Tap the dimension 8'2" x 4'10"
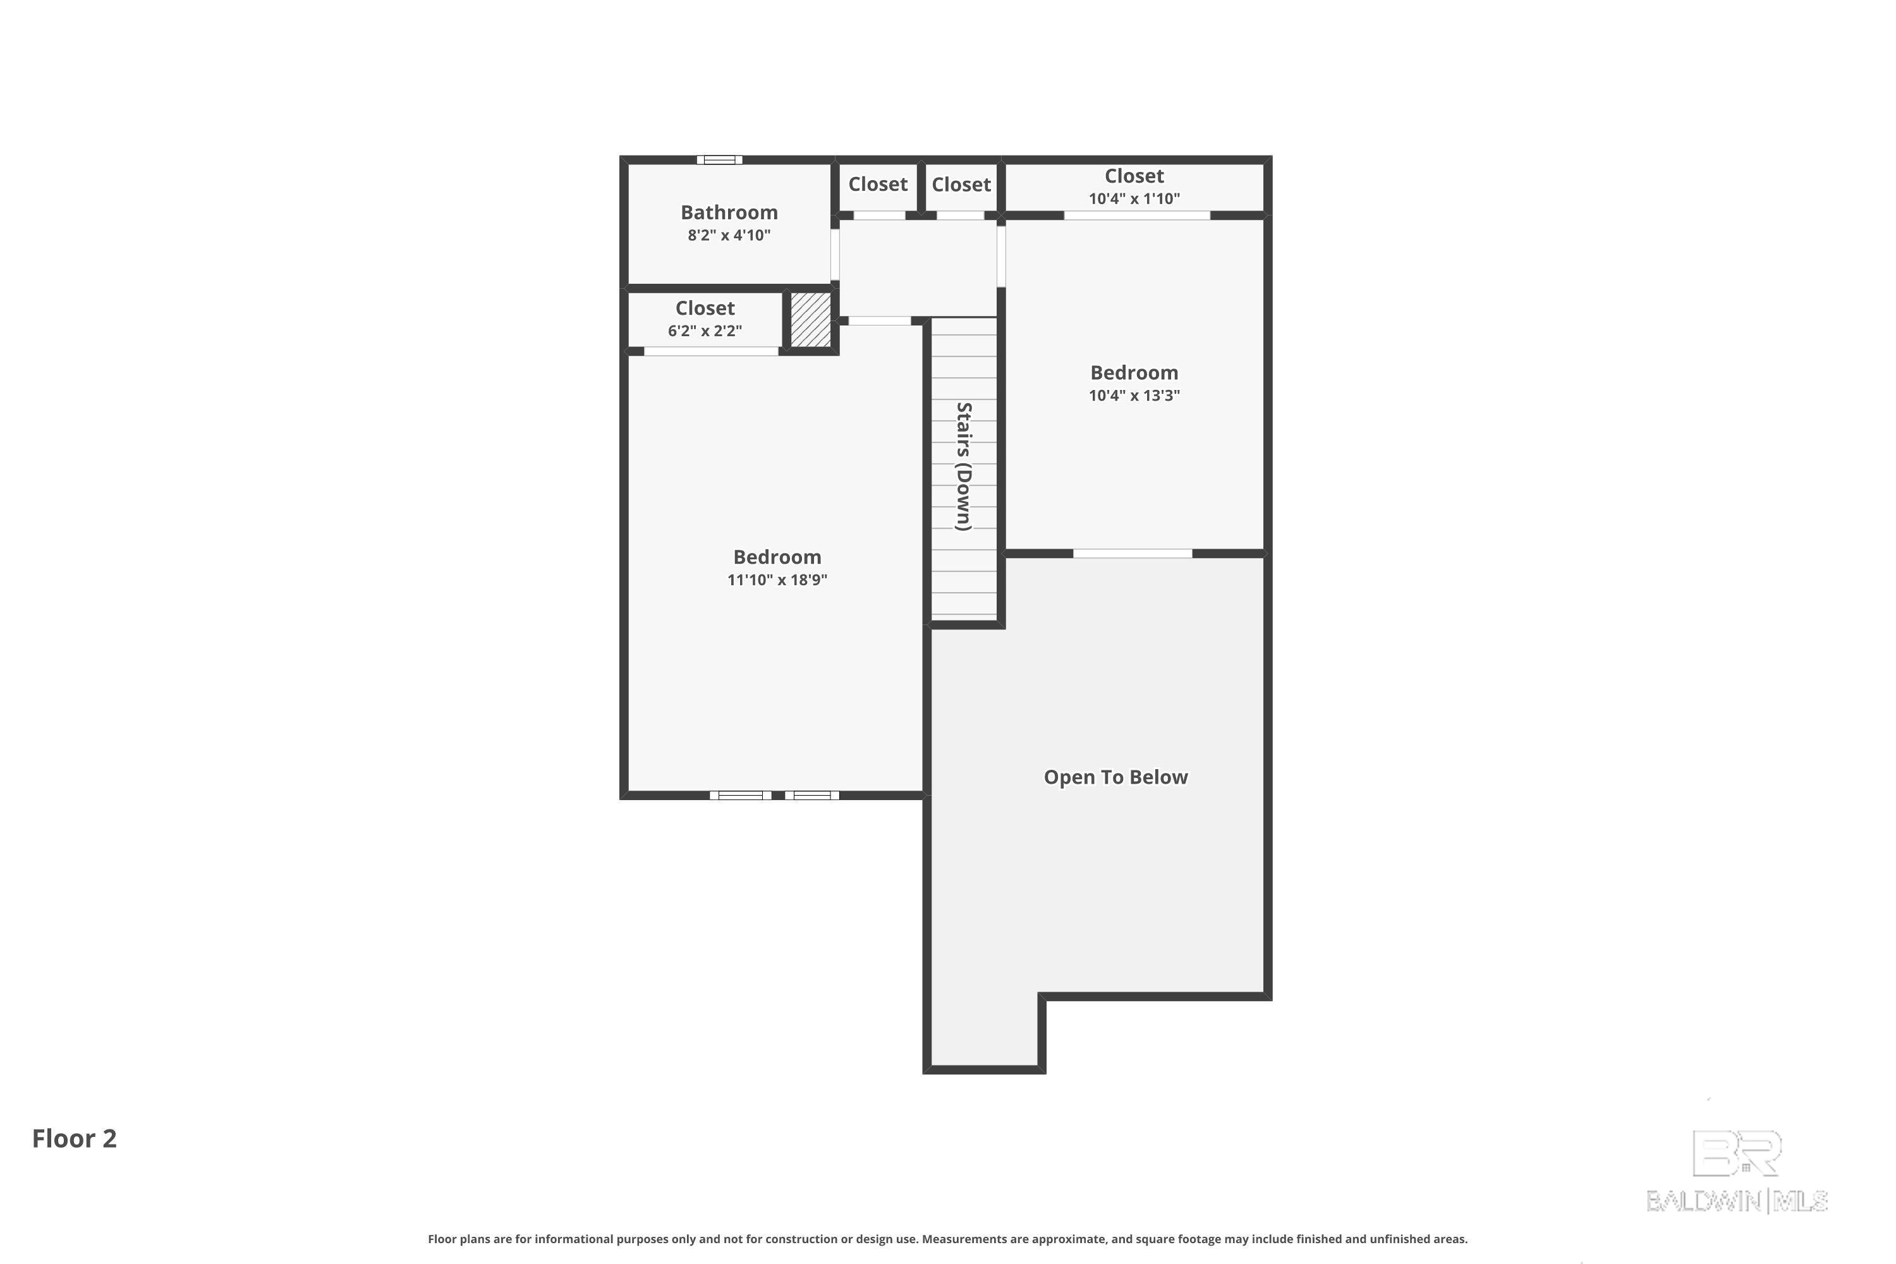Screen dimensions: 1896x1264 (729, 235)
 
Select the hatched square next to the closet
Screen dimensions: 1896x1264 (810, 320)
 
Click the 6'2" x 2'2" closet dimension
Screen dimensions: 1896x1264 (705, 331)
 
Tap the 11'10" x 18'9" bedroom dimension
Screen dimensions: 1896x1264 (777, 580)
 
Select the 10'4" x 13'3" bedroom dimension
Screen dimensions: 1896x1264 (1134, 395)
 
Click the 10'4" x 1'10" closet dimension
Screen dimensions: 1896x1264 (1134, 198)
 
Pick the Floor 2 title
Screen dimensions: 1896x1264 (74, 1138)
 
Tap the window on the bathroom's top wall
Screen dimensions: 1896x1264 (719, 160)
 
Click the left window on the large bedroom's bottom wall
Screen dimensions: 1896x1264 (740, 796)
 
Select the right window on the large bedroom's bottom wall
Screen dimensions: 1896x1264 (811, 796)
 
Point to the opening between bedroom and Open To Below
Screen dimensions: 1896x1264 (1133, 554)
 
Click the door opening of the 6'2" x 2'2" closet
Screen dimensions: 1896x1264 (711, 351)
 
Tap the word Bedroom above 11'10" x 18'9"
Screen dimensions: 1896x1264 (777, 557)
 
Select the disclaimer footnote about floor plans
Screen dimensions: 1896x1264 (948, 1239)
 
